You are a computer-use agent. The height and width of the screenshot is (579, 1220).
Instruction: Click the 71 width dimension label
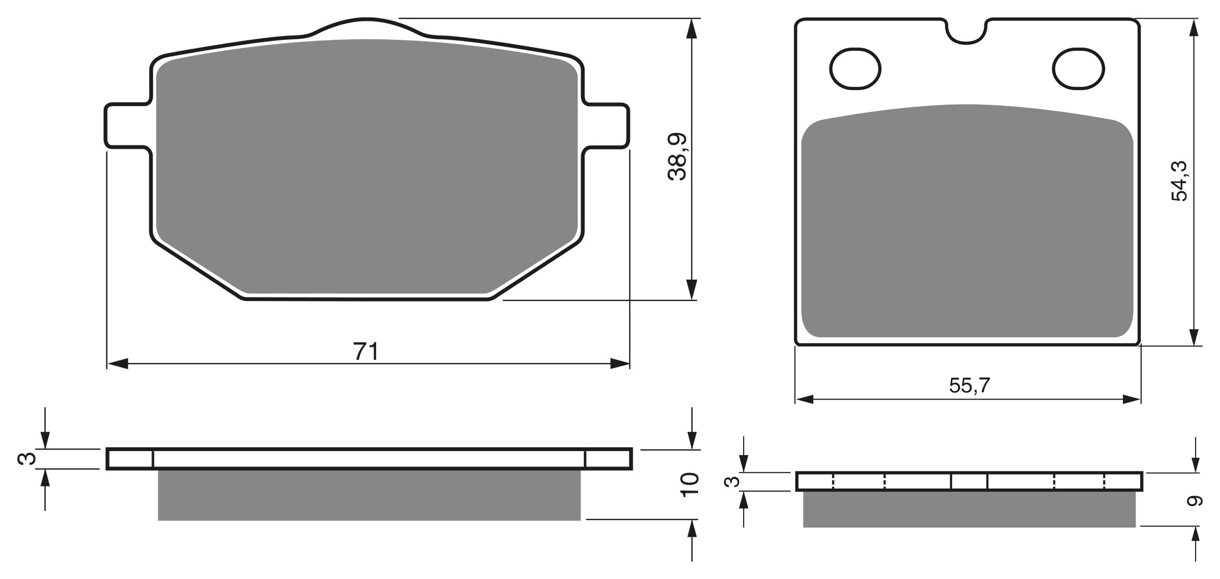(366, 351)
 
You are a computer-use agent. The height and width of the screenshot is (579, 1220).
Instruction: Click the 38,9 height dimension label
(677, 156)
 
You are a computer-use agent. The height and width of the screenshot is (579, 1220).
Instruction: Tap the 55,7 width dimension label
(969, 385)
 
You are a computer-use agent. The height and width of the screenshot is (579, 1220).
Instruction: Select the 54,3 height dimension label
(1179, 181)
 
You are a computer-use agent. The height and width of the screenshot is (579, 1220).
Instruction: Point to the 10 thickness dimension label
(690, 484)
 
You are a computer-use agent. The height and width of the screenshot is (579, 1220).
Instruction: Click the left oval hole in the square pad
(855, 69)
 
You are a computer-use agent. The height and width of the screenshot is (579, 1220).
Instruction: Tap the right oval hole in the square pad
(1078, 69)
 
